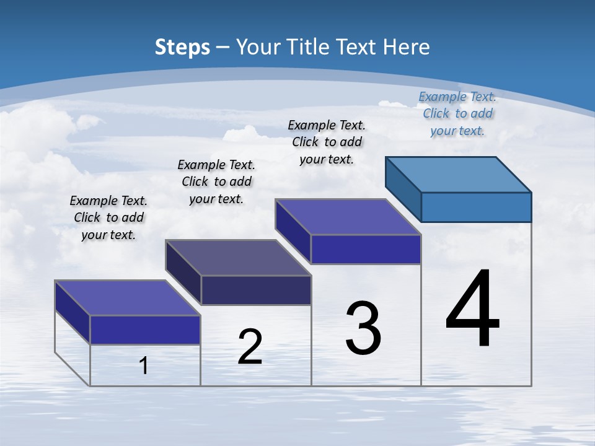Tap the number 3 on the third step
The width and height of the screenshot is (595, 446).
click(x=363, y=328)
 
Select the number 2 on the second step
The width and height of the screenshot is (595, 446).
click(x=250, y=347)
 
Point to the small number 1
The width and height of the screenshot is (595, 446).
click(x=144, y=365)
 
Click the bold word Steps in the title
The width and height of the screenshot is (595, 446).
click(x=182, y=47)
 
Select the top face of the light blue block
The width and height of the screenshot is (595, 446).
click(x=459, y=174)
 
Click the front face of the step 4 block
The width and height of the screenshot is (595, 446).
click(x=476, y=207)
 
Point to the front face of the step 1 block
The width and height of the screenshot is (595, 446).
click(x=145, y=330)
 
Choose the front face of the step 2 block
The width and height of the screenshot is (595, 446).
click(x=256, y=290)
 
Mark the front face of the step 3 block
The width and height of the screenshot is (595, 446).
click(x=366, y=250)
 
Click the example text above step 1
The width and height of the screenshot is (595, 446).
click(x=108, y=217)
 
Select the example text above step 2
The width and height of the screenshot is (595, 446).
click(x=216, y=181)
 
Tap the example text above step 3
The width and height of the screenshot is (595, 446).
click(x=327, y=142)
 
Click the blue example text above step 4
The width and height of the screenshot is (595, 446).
click(x=457, y=113)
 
